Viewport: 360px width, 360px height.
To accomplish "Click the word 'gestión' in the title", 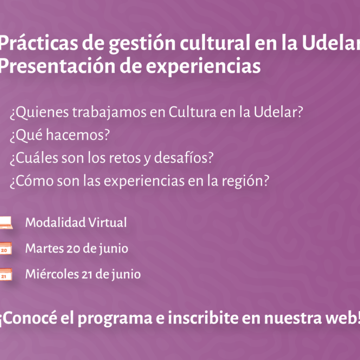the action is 142,44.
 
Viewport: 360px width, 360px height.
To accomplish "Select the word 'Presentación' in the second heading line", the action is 57,66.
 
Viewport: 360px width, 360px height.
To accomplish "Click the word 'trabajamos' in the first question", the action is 109,113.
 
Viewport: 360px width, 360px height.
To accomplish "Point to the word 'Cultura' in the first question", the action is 192,112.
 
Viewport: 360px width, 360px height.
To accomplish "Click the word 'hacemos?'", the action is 78,135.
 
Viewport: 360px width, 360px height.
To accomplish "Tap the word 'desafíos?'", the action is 184,158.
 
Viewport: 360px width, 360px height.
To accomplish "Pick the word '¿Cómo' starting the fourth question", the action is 32,181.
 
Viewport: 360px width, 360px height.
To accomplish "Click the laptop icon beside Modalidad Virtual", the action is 6,223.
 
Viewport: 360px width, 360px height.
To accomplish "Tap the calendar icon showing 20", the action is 6,248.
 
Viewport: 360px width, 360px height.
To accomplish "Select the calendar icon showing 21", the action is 6,274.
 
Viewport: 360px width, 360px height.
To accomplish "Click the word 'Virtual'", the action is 108,222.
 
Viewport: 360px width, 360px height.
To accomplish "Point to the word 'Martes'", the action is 45,249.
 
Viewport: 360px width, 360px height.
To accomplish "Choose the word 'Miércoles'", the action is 52,274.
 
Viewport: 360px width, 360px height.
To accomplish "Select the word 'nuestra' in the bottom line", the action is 293,319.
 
